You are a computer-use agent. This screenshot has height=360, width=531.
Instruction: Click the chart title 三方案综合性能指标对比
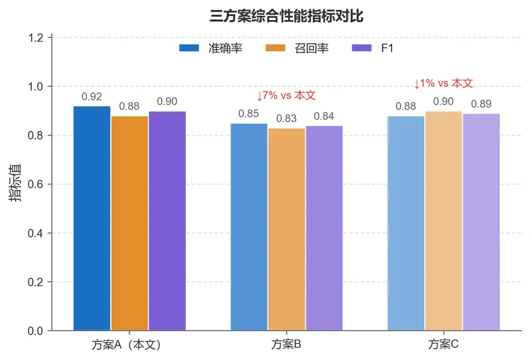(x=287, y=16)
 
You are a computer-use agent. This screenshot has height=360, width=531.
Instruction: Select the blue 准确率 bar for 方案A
(x=92, y=219)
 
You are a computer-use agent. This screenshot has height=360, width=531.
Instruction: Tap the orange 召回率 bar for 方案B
(x=287, y=230)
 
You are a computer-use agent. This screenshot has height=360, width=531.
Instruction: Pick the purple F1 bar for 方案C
(x=481, y=222)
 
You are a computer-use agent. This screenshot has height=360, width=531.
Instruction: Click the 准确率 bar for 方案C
(x=406, y=223)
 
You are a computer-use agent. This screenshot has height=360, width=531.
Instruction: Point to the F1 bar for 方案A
(x=167, y=221)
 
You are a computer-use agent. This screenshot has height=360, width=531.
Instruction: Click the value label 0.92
(x=92, y=96)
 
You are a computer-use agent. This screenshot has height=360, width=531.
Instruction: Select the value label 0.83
(x=287, y=118)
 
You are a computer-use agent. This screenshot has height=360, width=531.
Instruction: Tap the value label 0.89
(x=481, y=104)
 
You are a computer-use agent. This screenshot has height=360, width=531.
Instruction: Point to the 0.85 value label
(x=248, y=114)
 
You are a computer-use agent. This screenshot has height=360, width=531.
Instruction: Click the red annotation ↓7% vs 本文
(x=287, y=96)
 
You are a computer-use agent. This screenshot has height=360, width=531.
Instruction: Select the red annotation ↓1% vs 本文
(x=443, y=84)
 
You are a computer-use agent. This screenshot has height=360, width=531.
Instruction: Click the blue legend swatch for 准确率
(x=189, y=48)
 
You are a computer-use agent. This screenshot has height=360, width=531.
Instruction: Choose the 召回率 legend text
(x=311, y=48)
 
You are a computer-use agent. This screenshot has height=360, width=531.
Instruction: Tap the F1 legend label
(x=387, y=48)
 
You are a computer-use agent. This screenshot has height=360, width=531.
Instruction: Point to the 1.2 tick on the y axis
(x=36, y=38)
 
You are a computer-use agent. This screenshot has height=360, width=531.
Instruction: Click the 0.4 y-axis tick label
(x=36, y=233)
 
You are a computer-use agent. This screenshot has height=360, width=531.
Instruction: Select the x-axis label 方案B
(x=287, y=345)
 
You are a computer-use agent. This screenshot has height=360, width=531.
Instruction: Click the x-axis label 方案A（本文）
(x=126, y=345)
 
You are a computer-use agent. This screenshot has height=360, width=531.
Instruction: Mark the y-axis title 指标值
(x=15, y=183)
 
